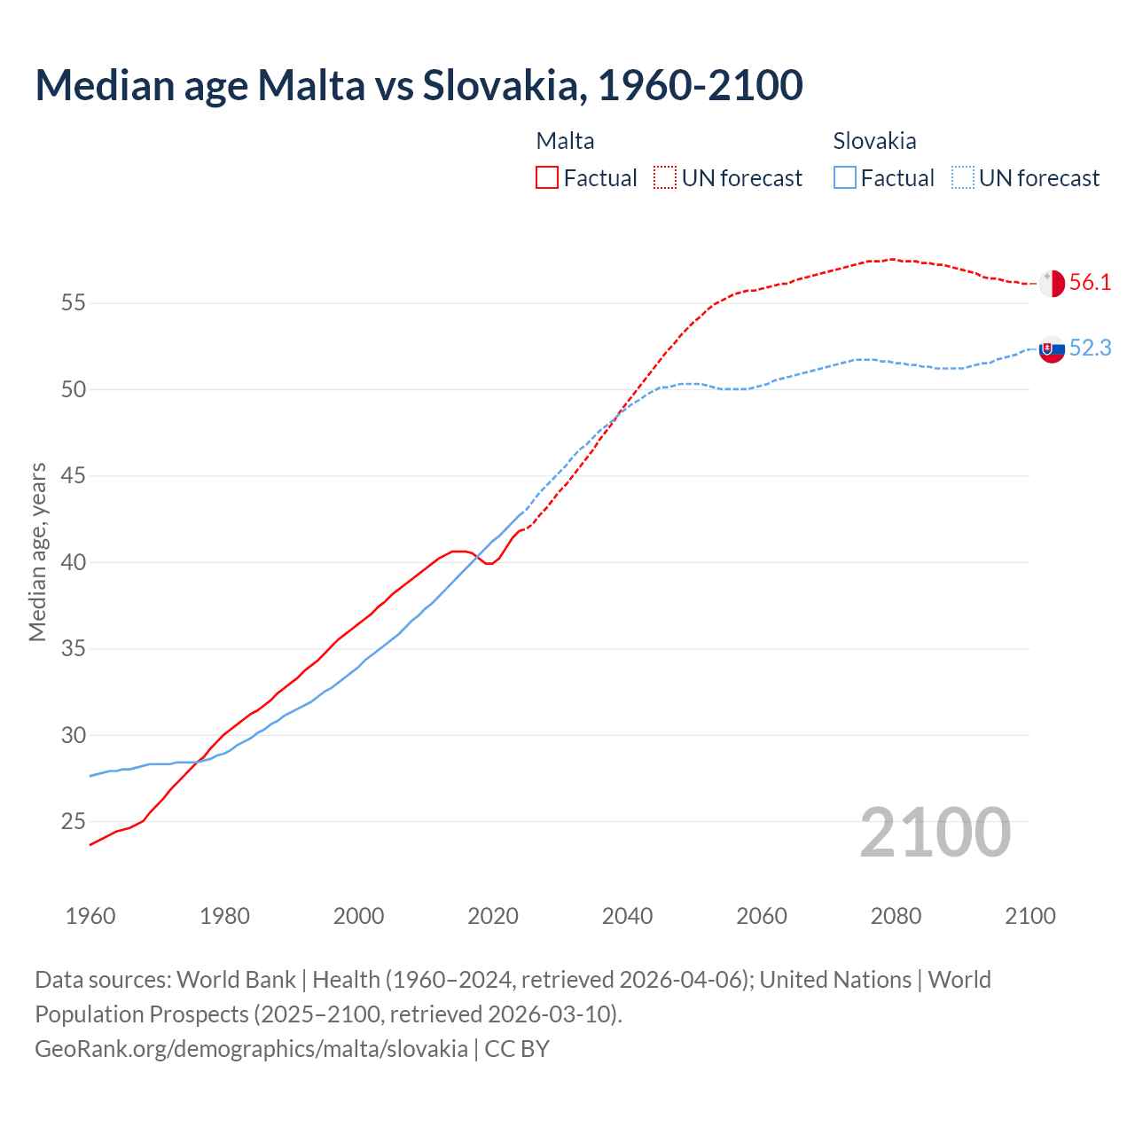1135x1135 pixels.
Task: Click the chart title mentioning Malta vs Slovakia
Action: [x=419, y=85]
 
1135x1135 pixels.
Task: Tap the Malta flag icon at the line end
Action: [x=1052, y=283]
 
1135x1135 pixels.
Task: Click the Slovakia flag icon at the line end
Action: [x=1052, y=349]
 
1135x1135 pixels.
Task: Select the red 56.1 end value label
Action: [x=1090, y=283]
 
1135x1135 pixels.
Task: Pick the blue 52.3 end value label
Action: [x=1090, y=348]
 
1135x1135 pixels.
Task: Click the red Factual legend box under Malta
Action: [x=547, y=178]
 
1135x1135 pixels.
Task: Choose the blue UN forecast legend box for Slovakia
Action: [x=963, y=178]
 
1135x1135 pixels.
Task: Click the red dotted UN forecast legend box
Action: [x=665, y=178]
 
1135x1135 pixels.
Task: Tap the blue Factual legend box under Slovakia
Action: [x=845, y=178]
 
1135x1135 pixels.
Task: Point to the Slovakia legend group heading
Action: [x=874, y=141]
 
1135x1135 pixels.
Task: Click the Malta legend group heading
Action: [x=565, y=141]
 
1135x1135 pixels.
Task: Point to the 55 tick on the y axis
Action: [x=73, y=303]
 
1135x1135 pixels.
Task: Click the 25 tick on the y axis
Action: [x=73, y=822]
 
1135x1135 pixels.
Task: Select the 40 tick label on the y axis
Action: [x=73, y=562]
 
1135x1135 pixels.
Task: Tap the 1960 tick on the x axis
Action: [x=90, y=916]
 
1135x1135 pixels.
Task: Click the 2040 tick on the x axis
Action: [x=627, y=916]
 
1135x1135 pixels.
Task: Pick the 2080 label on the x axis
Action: [x=896, y=916]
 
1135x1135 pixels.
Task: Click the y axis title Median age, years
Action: [x=37, y=552]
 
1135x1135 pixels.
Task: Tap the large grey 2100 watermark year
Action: [x=935, y=832]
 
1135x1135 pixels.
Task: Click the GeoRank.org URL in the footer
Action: [x=251, y=1049]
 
